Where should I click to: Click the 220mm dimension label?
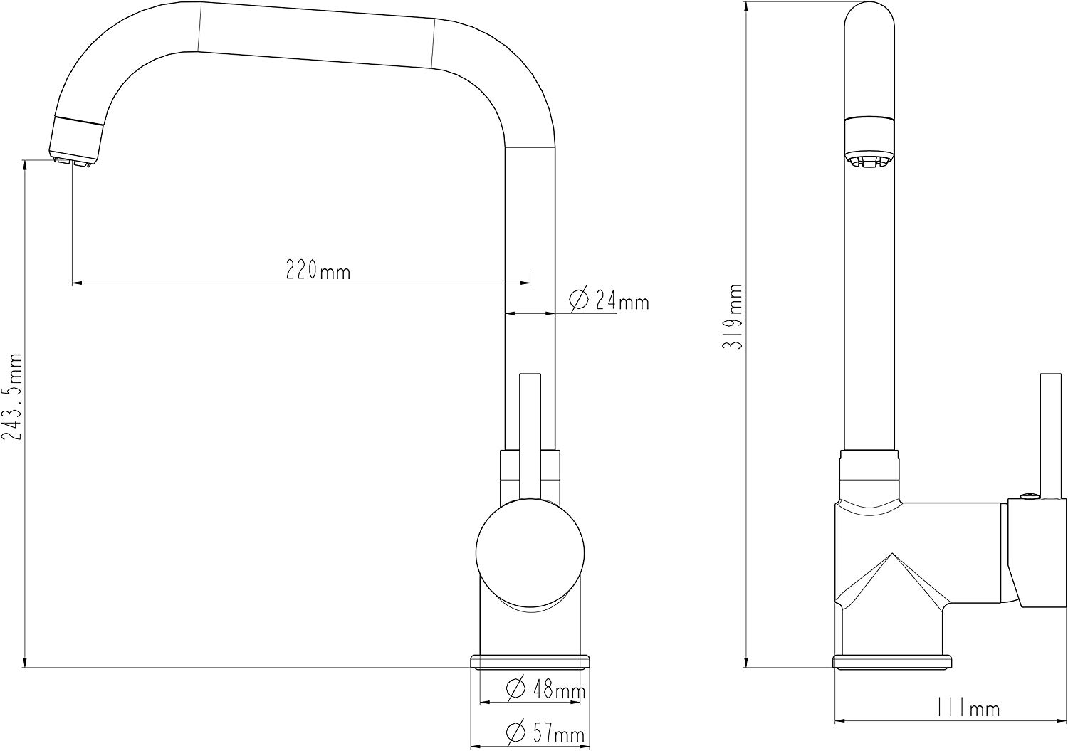pos(318,271)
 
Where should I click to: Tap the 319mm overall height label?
pos(733,316)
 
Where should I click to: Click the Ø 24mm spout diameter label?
pos(609,300)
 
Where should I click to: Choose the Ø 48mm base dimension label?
pos(545,688)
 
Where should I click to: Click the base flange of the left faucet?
pos(530,662)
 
